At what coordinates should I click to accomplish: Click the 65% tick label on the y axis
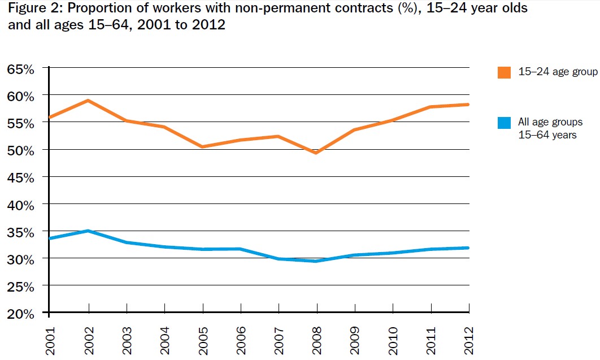(x=21, y=69)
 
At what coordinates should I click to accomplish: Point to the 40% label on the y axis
(x=21, y=205)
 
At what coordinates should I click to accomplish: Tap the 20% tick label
(x=21, y=314)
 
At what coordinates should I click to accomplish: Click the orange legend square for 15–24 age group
(x=504, y=72)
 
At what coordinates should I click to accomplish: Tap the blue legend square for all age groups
(x=504, y=123)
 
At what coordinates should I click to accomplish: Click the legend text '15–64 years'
(x=547, y=135)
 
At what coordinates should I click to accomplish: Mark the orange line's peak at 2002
(x=88, y=101)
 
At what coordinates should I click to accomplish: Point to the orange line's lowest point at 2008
(x=316, y=153)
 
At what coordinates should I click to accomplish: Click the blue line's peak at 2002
(x=88, y=231)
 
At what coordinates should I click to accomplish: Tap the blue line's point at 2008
(x=316, y=261)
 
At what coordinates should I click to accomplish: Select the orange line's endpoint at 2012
(x=468, y=105)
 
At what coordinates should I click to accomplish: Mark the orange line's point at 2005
(x=202, y=147)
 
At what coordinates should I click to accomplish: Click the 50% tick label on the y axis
(x=21, y=150)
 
